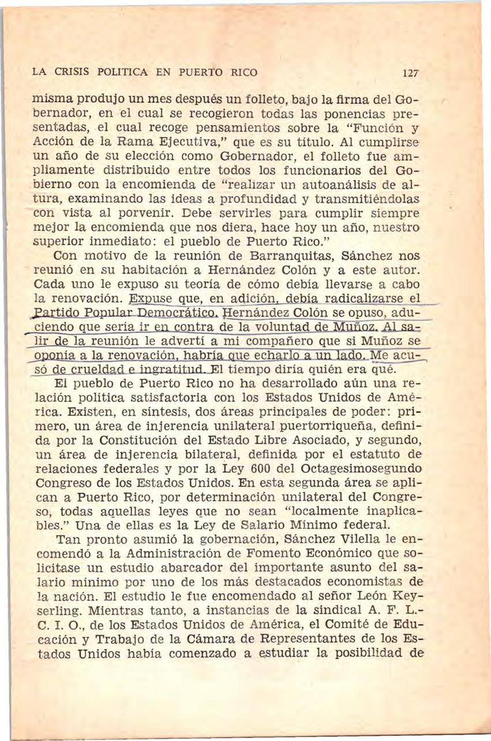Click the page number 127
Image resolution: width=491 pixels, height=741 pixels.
[x=410, y=74]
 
